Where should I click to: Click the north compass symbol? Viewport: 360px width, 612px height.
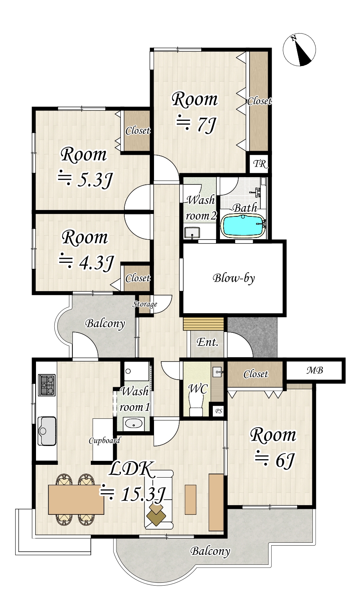pyautogui.click(x=299, y=50)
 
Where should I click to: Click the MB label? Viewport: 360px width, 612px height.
pyautogui.click(x=315, y=370)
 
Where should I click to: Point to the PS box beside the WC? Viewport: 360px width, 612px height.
pyautogui.click(x=218, y=411)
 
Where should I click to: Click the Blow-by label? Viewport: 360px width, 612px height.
pyautogui.click(x=234, y=278)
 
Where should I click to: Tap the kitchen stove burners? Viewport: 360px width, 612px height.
pyautogui.click(x=47, y=385)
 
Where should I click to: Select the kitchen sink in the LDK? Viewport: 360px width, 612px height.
pyautogui.click(x=47, y=431)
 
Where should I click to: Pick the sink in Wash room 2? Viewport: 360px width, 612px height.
pyautogui.click(x=192, y=232)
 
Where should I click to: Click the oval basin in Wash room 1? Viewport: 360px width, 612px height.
pyautogui.click(x=133, y=424)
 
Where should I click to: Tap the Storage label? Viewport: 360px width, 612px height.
pyautogui.click(x=145, y=304)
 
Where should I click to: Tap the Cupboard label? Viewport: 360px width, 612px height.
pyautogui.click(x=105, y=440)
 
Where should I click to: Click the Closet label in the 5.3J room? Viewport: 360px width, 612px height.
pyautogui.click(x=138, y=130)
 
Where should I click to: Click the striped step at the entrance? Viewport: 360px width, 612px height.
pyautogui.click(x=204, y=324)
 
